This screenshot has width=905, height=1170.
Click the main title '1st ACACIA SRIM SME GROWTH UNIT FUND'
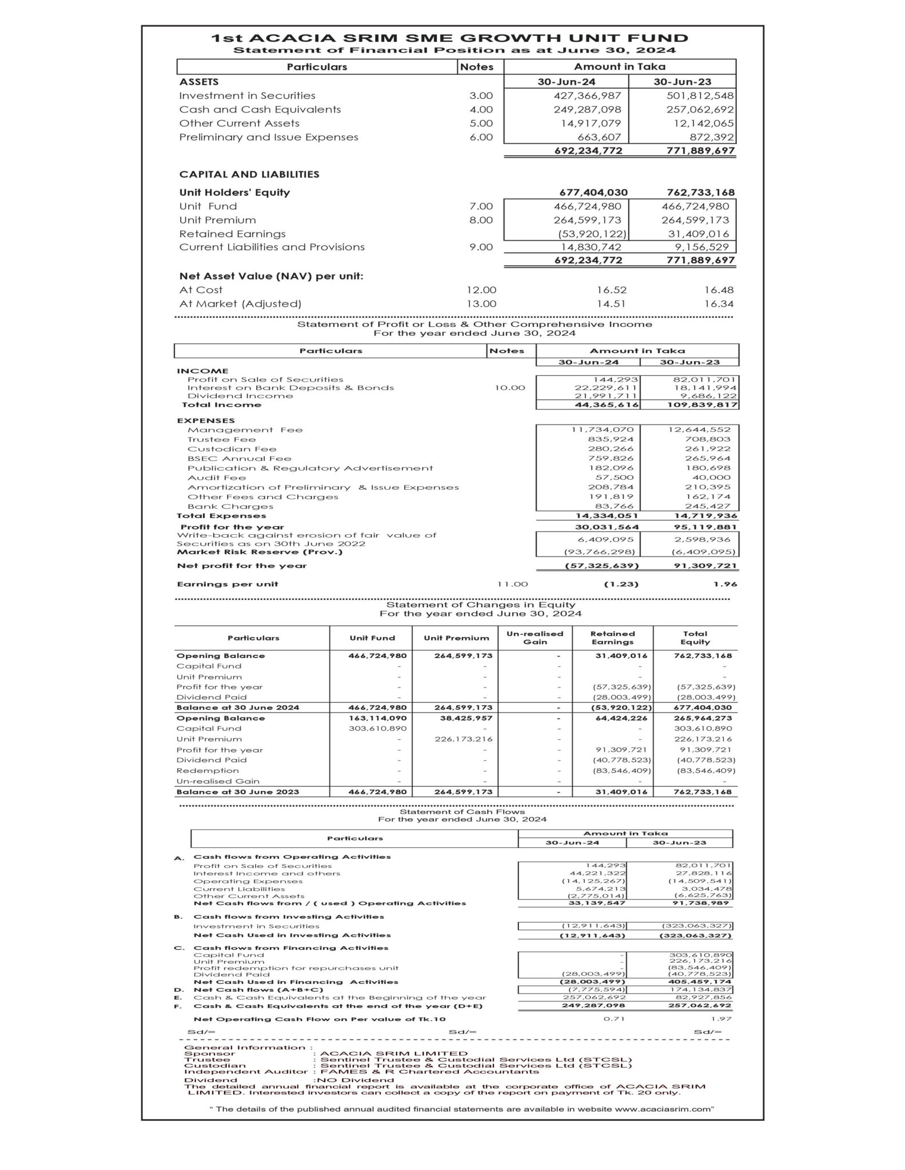point(449,38)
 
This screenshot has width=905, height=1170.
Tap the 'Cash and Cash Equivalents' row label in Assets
point(260,110)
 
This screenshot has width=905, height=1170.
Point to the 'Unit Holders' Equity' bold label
point(234,193)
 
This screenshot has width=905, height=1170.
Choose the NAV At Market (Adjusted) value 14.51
point(611,304)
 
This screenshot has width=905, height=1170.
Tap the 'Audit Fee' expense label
point(217,478)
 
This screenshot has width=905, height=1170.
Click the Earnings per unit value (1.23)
point(621,584)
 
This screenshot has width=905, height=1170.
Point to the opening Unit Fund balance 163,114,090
point(377,718)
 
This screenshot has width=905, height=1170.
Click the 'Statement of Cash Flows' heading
point(462,811)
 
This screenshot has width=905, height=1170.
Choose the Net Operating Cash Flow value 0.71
point(614,1019)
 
